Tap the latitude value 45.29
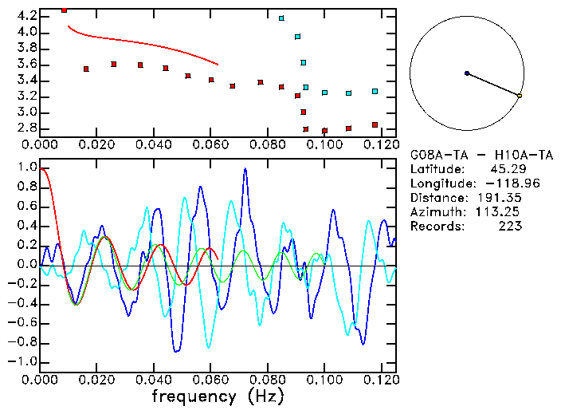(505, 169)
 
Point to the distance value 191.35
(501, 198)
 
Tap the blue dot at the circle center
(467, 73)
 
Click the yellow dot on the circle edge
(520, 96)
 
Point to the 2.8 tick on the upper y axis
(25, 128)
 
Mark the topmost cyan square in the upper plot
(281, 18)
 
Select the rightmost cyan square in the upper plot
(375, 92)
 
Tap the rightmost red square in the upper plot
(375, 125)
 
